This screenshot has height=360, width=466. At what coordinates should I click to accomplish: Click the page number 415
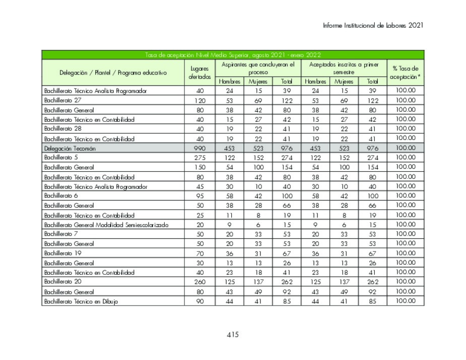coord(232,335)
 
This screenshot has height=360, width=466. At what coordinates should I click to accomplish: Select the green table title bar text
coord(232,55)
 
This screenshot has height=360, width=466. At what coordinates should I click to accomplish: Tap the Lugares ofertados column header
coord(199,73)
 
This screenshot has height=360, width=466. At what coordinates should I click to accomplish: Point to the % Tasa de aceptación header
coord(405,73)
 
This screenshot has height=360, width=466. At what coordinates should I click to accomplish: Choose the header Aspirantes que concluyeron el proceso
coord(258,68)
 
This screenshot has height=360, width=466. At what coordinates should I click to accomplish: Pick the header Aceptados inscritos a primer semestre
coord(344,68)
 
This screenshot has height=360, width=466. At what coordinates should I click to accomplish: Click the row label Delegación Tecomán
coord(70,149)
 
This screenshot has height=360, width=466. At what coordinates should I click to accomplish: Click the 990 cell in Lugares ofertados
coord(199,149)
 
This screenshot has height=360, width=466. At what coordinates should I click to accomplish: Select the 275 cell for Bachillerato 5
coord(199,158)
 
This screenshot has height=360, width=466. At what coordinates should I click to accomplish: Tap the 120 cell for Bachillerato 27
coord(199,100)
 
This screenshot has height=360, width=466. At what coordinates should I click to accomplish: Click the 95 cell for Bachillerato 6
coord(199,196)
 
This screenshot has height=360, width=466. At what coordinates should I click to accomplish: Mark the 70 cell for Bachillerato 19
coord(199,253)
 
